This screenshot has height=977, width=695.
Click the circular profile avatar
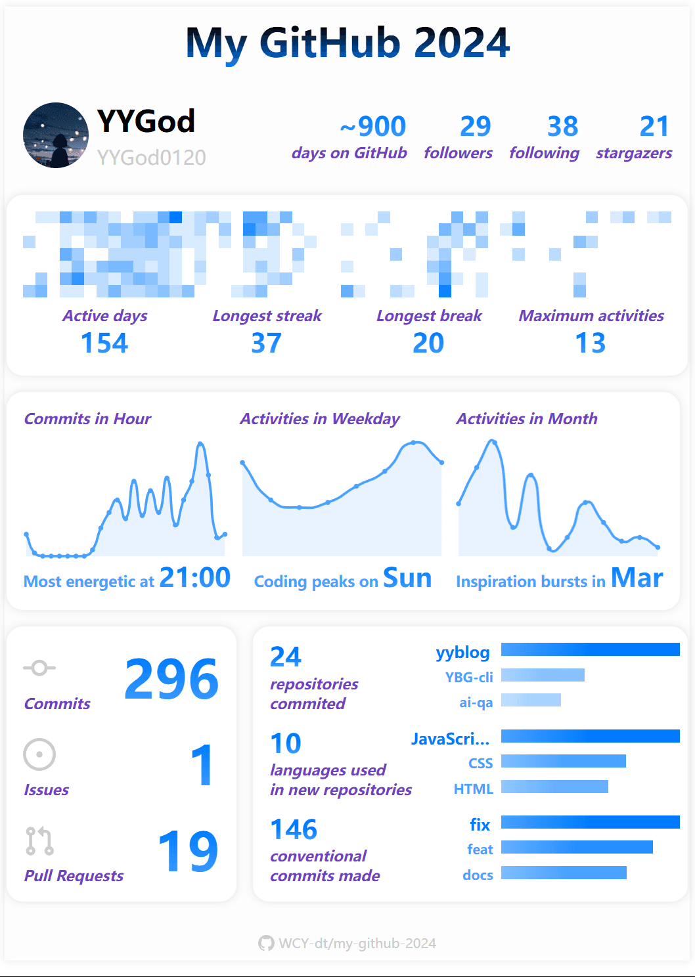[x=56, y=135]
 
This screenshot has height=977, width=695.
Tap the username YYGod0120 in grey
[x=152, y=158]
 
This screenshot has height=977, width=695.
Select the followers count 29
[x=476, y=126]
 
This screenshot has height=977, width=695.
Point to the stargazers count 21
[x=654, y=126]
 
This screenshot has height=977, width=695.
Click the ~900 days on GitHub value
[x=373, y=126]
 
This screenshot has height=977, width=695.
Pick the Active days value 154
[x=104, y=343]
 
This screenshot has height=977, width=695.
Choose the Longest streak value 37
[x=267, y=343]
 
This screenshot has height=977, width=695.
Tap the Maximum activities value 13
[x=591, y=343]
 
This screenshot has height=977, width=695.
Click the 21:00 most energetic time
[x=195, y=578]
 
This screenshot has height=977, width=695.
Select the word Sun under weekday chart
[x=407, y=578]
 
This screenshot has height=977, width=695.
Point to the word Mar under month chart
[x=637, y=578]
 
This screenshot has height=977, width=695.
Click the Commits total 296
[x=171, y=679]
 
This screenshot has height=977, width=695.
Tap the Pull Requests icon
[x=39, y=841]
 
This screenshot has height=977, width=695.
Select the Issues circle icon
[x=39, y=754]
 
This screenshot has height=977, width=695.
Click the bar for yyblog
[x=590, y=649]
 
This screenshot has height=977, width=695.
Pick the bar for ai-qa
[x=531, y=700]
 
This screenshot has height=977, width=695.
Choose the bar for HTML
[x=554, y=787]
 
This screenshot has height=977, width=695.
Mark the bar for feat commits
[x=577, y=847]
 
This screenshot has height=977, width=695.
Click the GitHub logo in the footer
[x=266, y=944]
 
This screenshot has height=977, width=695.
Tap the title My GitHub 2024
[x=348, y=43]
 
